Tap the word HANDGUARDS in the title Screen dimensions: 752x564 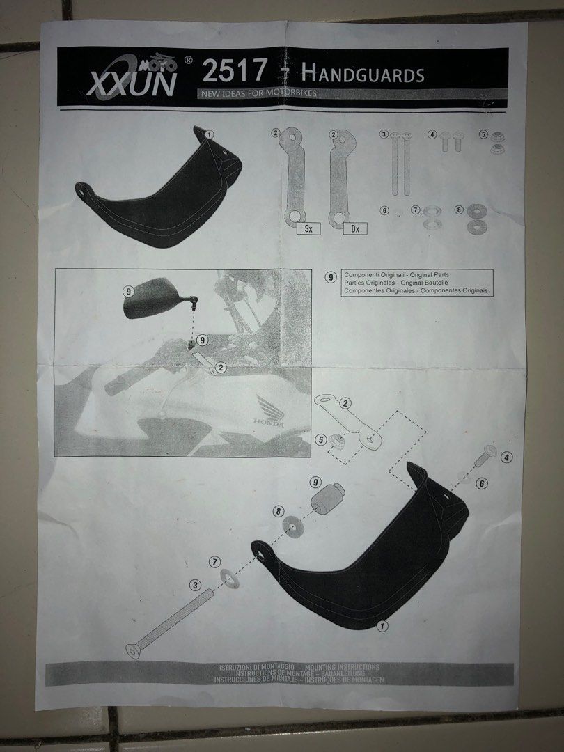(361, 74)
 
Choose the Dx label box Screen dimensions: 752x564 (356, 228)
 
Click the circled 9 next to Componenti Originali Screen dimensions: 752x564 (331, 276)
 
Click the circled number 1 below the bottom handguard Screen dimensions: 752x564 (382, 626)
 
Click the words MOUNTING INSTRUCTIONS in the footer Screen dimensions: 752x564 (334, 667)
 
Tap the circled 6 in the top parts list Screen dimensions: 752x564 (384, 210)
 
